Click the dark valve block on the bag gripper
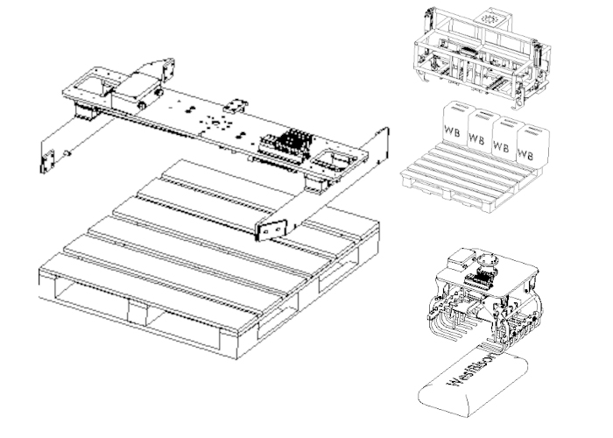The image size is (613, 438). (478, 279)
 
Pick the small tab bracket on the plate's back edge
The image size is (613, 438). (236, 103)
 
